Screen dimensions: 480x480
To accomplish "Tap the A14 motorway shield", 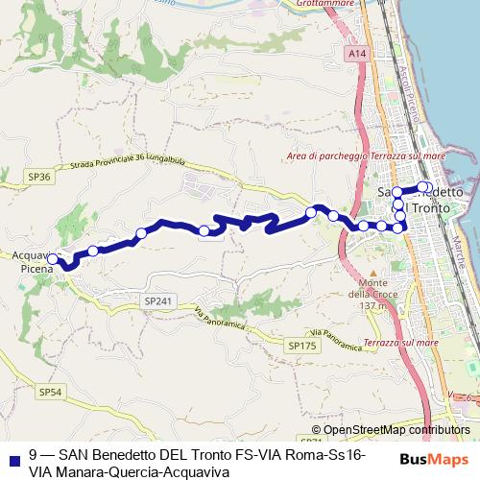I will (x=358, y=55).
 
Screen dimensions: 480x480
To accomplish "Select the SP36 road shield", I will (x=38, y=177).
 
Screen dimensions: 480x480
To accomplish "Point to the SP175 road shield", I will (x=301, y=344).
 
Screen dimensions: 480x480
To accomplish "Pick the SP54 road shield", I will (x=50, y=392).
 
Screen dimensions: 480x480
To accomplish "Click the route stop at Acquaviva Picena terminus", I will (x=53, y=258).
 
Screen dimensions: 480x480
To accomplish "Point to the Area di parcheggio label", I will (x=326, y=156).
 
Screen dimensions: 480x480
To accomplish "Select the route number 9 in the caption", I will (x=34, y=454).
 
